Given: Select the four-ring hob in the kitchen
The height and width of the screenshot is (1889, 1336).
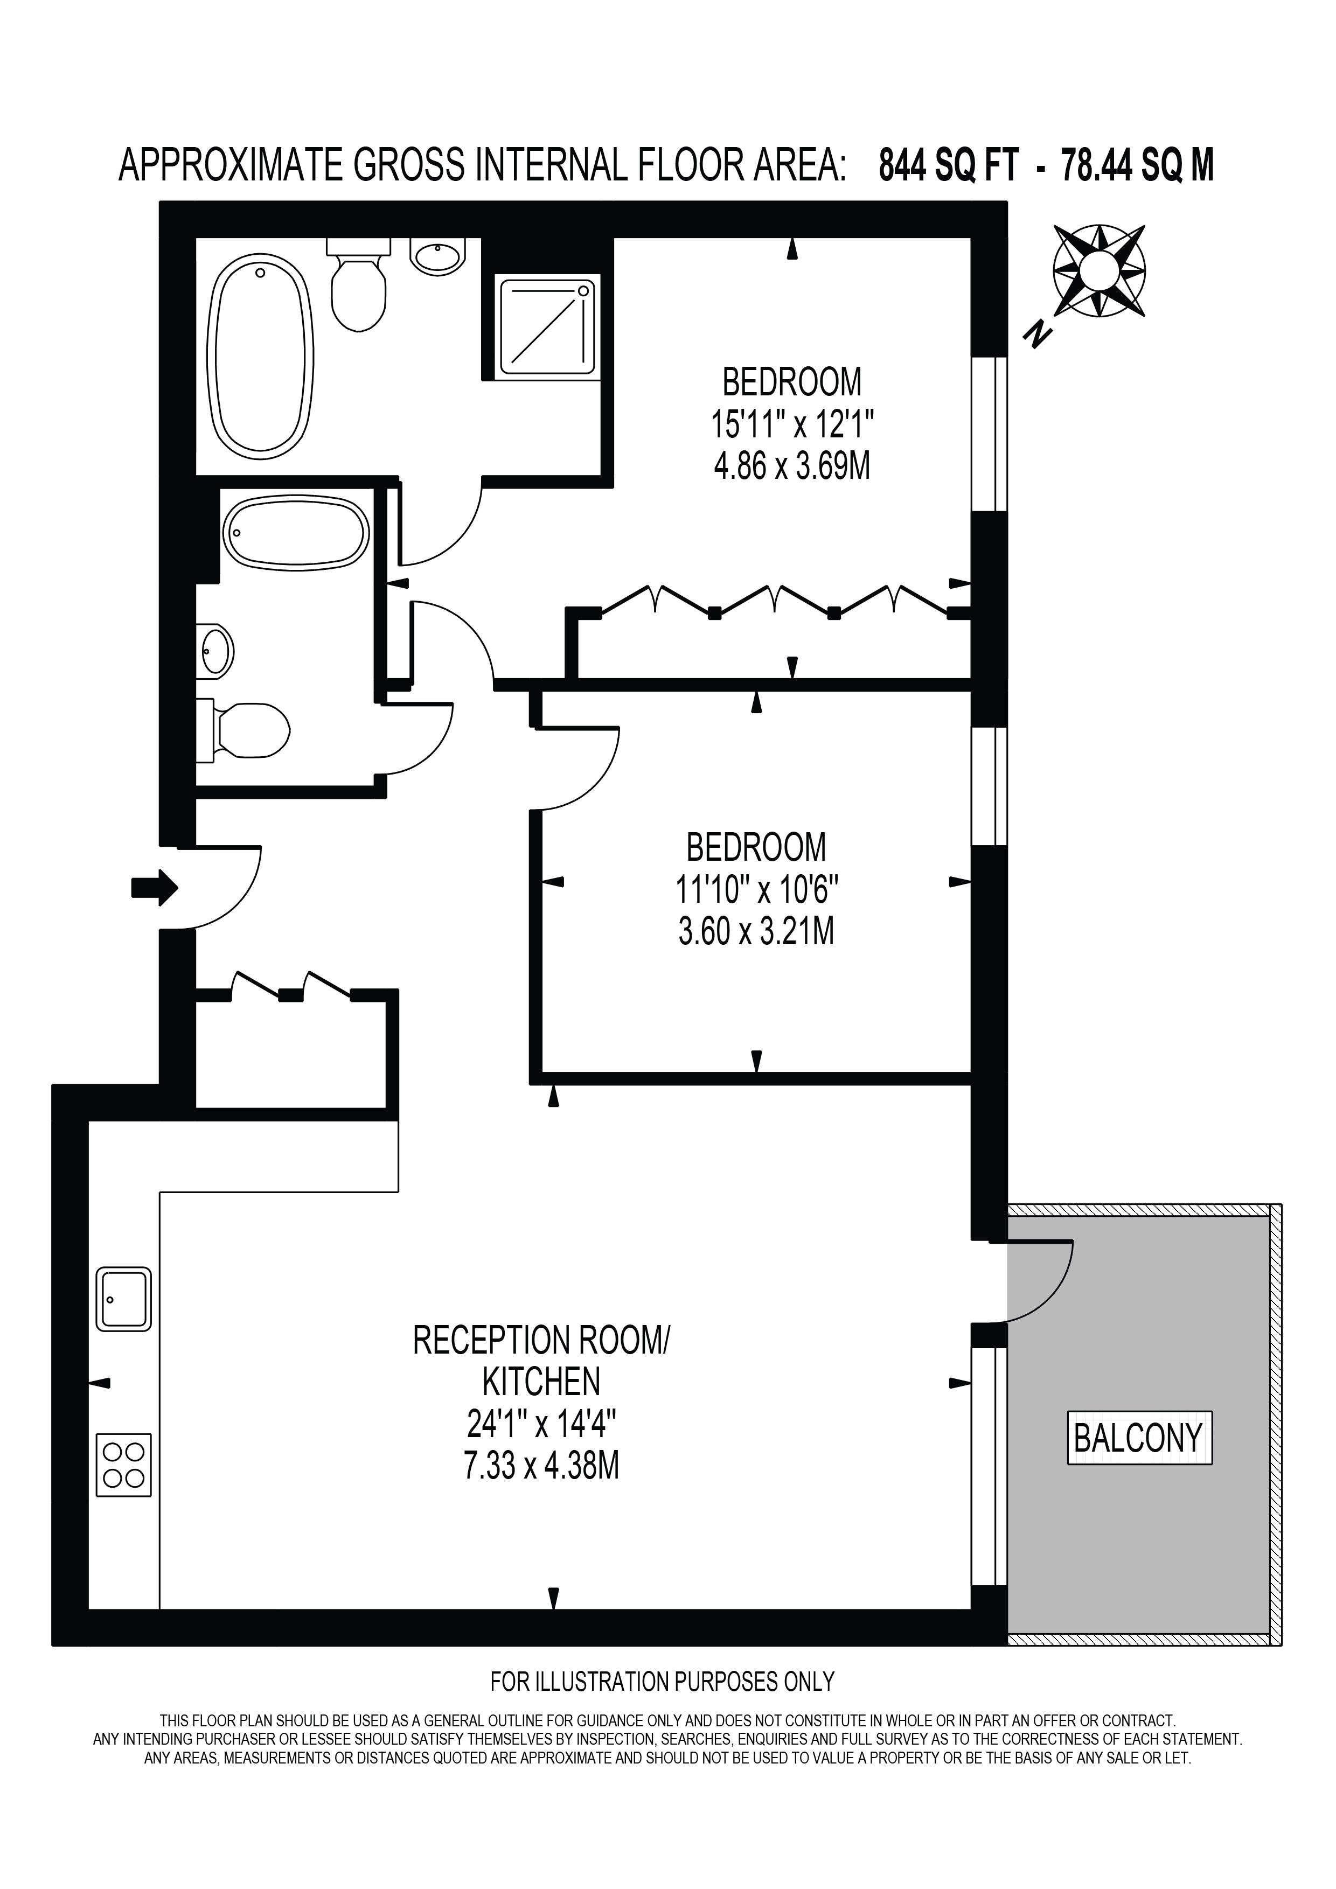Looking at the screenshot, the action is [x=124, y=1465].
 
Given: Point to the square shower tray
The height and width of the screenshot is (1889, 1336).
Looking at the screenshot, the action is [x=548, y=323].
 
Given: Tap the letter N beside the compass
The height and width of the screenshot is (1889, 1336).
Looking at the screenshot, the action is [x=1038, y=333].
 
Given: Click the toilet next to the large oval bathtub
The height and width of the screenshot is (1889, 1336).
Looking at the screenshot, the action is [x=358, y=284].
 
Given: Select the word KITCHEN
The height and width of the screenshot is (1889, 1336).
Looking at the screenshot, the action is [x=541, y=1382].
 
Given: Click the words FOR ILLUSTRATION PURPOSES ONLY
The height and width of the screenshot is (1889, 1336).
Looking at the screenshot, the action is [x=662, y=1682].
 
